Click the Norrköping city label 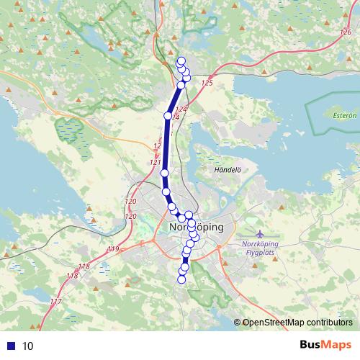pos(195,227)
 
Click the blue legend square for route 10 pos(10,346)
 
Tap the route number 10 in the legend pos(28,346)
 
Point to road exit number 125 pos(208,84)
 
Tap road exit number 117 pos(56,302)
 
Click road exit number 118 pos(71,276)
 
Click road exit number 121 pos(155,163)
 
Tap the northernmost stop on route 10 pos(181,61)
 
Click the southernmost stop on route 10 pos(181,279)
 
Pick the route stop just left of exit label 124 pos(168,115)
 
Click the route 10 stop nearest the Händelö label pos(165,174)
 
